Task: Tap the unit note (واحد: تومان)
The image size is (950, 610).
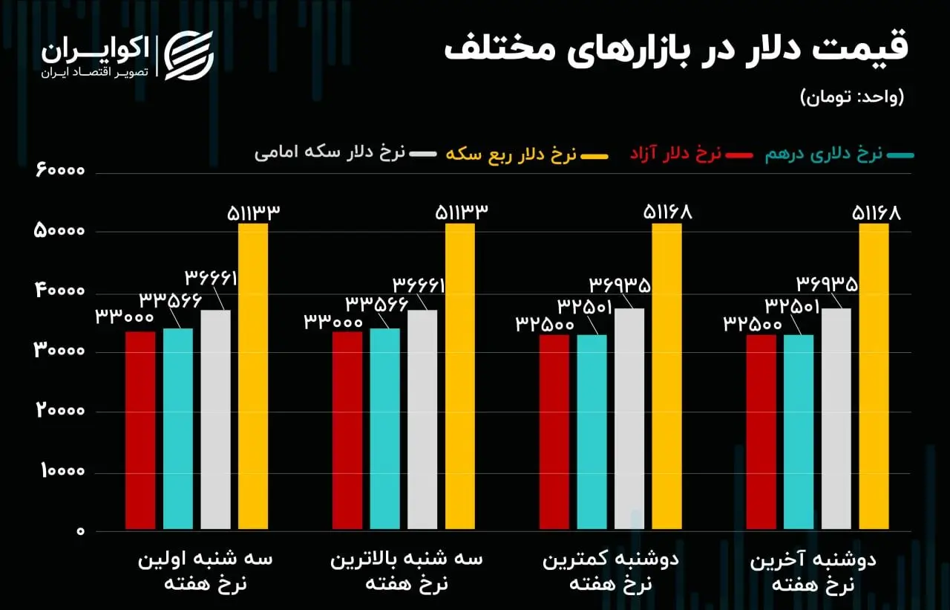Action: pyautogui.click(x=852, y=97)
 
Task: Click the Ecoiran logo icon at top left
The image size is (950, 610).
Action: pyautogui.click(x=189, y=55)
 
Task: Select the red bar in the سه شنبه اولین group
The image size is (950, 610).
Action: pyautogui.click(x=140, y=431)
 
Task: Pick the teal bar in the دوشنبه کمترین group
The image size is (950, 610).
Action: pyautogui.click(x=592, y=432)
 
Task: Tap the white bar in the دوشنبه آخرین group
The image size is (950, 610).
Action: pyautogui.click(x=836, y=419)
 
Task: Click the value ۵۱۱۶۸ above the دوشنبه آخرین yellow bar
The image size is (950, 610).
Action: pyautogui.click(x=876, y=213)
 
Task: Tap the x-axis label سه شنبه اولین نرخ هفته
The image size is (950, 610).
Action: pyautogui.click(x=205, y=571)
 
